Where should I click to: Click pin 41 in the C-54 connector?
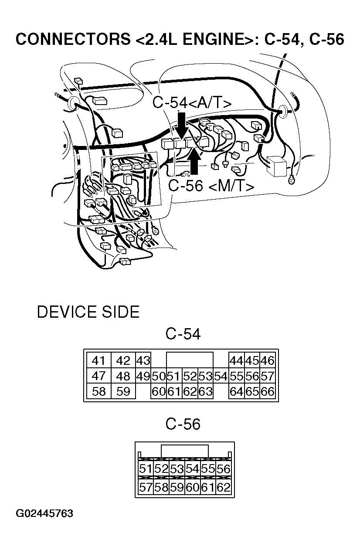click(99, 361)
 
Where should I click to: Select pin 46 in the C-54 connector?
click(267, 361)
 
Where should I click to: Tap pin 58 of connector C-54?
click(99, 391)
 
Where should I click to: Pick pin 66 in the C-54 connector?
click(267, 391)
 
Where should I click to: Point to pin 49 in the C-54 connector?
click(143, 376)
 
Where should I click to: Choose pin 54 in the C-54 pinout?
click(221, 376)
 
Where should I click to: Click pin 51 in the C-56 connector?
click(146, 469)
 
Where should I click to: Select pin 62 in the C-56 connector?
click(223, 487)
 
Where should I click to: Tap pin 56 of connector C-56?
click(223, 469)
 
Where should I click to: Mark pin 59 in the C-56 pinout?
click(177, 487)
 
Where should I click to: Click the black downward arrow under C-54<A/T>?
click(182, 124)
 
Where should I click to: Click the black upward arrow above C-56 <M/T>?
click(195, 161)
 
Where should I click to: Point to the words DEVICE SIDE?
click(88, 312)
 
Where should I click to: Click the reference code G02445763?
click(44, 513)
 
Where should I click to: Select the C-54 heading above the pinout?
click(183, 334)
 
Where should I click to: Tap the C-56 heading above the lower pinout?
click(183, 424)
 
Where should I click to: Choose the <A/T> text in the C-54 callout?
click(210, 103)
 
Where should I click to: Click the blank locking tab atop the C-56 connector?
click(184, 451)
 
